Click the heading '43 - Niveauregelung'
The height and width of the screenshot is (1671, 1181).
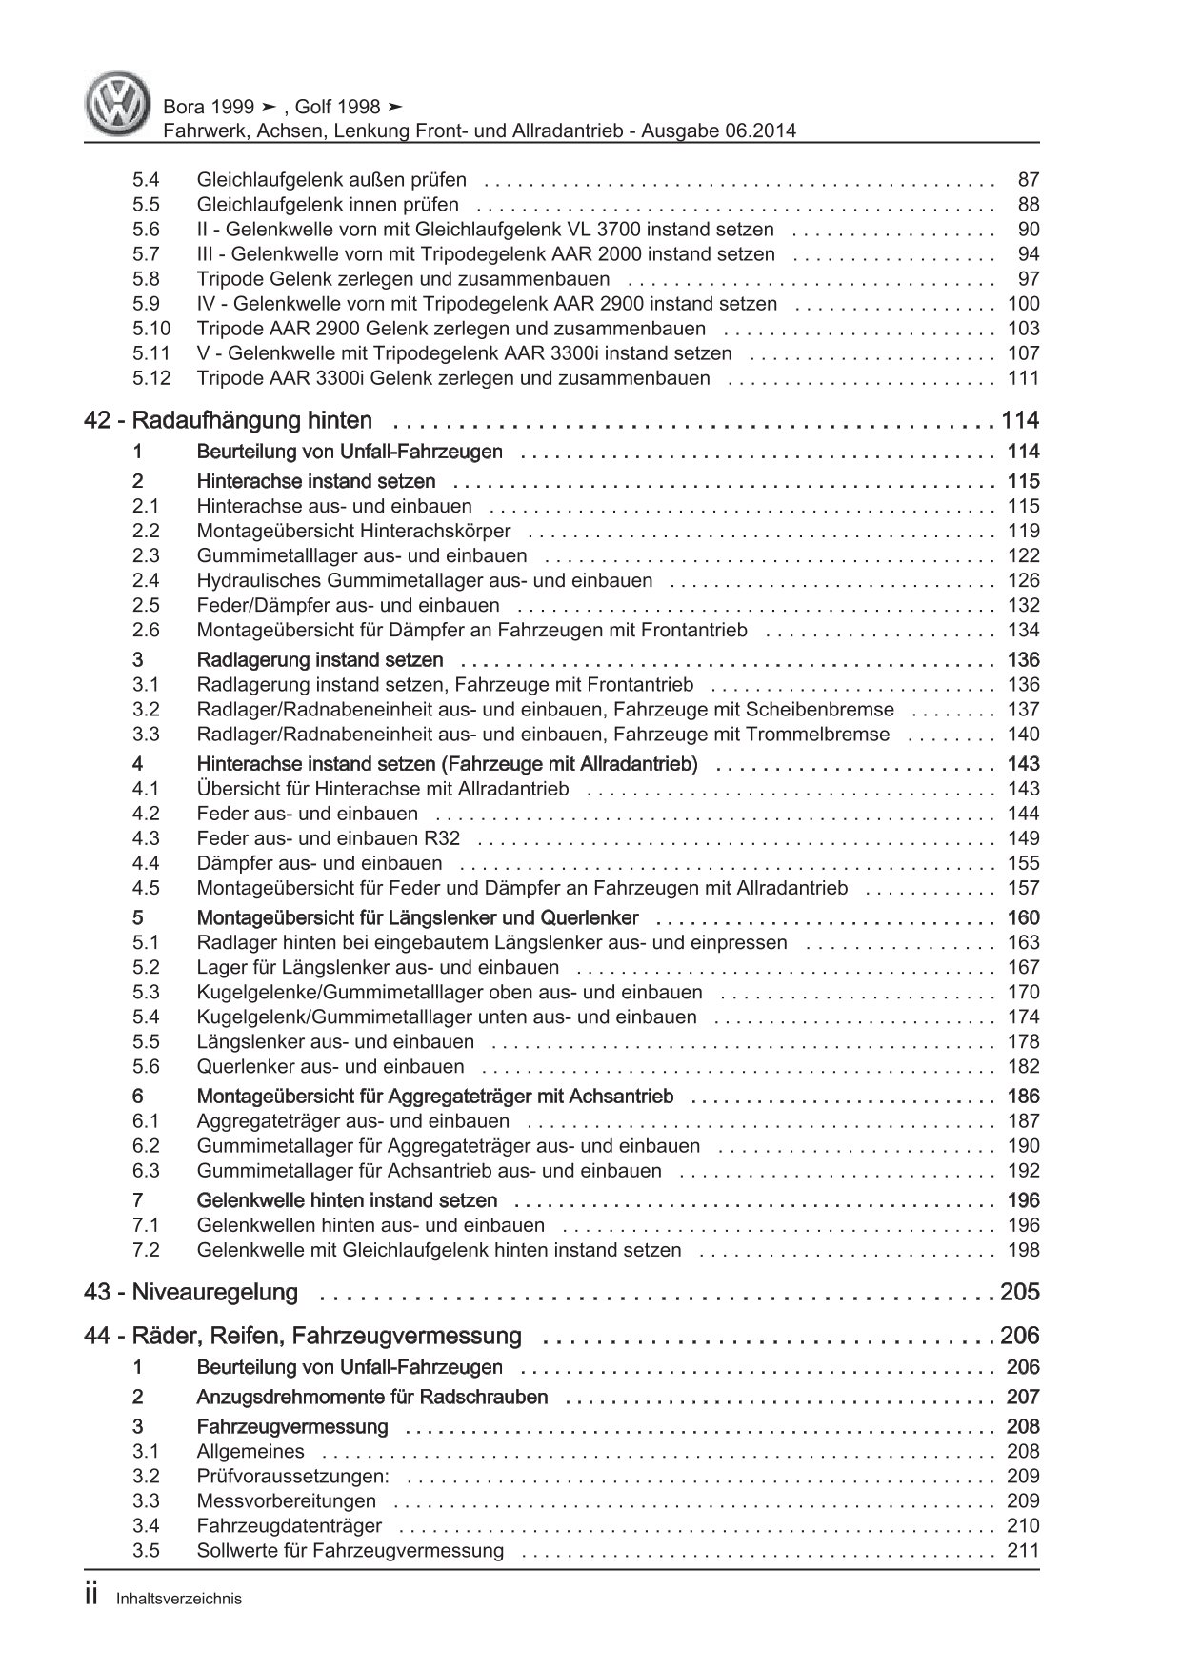[190, 1293]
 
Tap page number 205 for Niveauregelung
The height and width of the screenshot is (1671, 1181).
[1019, 1293]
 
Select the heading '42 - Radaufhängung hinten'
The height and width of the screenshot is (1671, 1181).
[228, 421]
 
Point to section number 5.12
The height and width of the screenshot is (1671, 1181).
[150, 378]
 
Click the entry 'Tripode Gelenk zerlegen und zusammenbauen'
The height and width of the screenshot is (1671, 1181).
[403, 279]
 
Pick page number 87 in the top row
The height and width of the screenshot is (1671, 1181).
[1028, 180]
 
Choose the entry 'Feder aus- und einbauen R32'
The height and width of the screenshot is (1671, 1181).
[329, 838]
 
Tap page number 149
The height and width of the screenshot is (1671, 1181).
[1023, 838]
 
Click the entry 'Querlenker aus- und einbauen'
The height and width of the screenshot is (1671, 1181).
[330, 1067]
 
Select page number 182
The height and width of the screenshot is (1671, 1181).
[1023, 1067]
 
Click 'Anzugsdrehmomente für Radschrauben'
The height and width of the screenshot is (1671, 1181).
[372, 1398]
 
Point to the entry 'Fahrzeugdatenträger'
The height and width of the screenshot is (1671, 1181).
[290, 1525]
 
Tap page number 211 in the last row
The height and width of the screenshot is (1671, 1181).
[1023, 1550]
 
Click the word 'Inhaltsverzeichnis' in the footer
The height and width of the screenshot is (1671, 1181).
[178, 1600]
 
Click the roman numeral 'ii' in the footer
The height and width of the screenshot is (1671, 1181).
[91, 1598]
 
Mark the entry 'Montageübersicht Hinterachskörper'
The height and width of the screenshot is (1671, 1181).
[353, 532]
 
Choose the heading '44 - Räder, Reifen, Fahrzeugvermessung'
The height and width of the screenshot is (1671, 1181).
[303, 1336]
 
